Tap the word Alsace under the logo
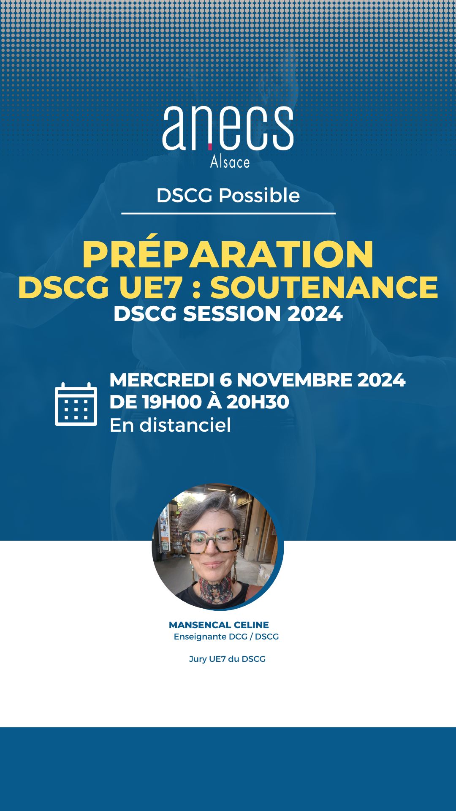click(x=230, y=162)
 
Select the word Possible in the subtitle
click(x=259, y=196)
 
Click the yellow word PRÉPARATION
click(x=228, y=254)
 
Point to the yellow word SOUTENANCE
click(x=324, y=288)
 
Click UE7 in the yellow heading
click(x=151, y=288)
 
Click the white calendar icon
click(x=76, y=404)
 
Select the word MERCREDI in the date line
click(x=161, y=380)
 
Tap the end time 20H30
click(x=258, y=402)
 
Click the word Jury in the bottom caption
click(x=197, y=659)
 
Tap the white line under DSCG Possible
click(x=228, y=213)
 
